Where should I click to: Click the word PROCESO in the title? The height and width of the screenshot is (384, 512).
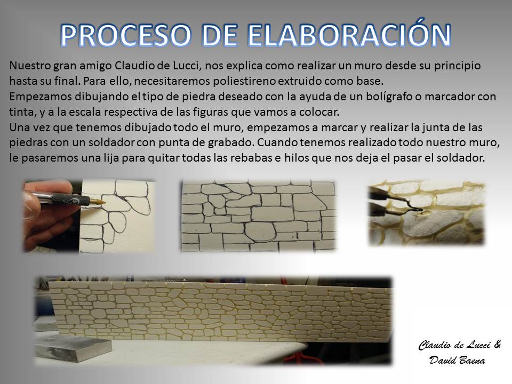125,35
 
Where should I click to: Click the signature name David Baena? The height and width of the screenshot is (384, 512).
457,360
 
